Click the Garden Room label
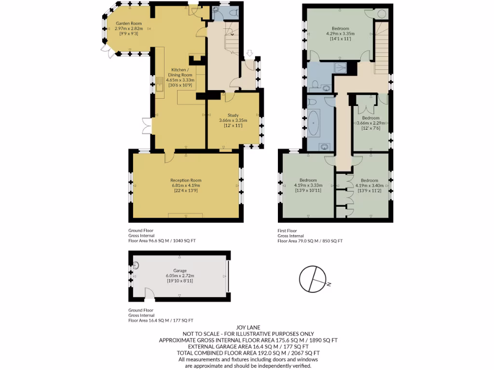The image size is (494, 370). [128, 23]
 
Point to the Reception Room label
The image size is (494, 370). [185, 180]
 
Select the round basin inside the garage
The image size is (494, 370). [136, 264]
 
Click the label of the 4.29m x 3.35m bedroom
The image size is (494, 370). [340, 28]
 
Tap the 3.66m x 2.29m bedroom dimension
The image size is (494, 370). [370, 123]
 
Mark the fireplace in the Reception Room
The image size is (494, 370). [185, 215]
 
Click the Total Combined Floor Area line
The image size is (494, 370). [248, 353]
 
